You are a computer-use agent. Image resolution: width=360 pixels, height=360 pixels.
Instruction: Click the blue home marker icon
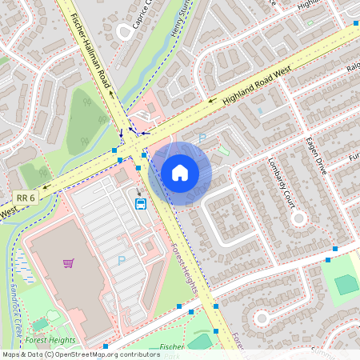coord(180,173)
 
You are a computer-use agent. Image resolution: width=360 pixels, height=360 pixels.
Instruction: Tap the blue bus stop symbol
coord(141,203)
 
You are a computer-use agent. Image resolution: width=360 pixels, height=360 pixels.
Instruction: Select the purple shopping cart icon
coord(69,262)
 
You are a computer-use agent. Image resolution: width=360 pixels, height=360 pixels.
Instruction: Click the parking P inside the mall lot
coord(122,260)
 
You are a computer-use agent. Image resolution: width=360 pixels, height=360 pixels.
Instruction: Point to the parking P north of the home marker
coord(202,138)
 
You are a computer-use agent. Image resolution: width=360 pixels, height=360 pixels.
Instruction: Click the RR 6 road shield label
coord(26,198)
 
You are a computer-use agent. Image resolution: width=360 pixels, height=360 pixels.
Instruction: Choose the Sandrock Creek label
coord(14,309)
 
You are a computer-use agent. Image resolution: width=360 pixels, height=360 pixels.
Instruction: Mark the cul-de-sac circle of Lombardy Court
coord(298,217)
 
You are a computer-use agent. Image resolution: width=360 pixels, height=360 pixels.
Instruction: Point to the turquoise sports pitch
coord(347,284)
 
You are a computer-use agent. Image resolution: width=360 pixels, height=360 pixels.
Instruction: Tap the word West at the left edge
coord(9,213)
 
